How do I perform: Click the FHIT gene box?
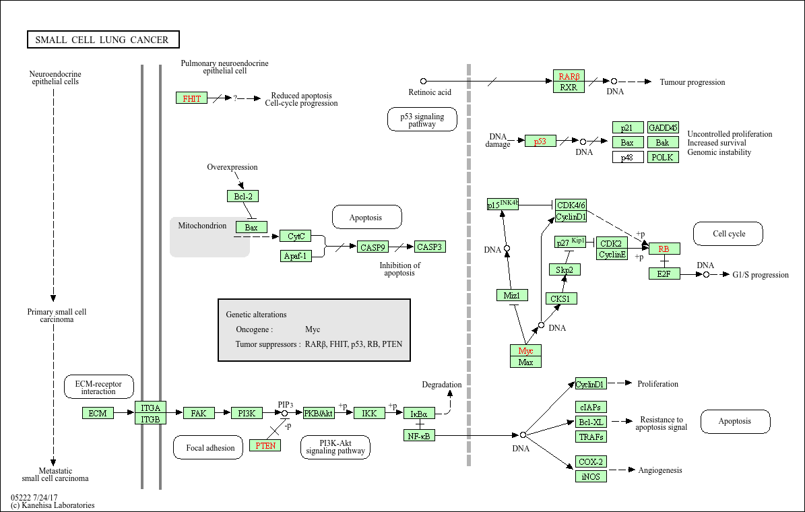pos(191,98)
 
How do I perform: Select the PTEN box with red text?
pos(265,445)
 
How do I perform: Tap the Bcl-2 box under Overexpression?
pos(243,196)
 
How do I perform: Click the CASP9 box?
pos(373,247)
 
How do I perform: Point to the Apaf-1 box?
pos(296,256)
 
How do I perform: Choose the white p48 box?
pos(628,157)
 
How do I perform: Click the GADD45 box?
pos(663,127)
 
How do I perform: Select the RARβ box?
pos(569,76)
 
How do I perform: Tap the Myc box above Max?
pos(525,351)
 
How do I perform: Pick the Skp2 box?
pos(565,269)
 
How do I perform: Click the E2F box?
pos(664,274)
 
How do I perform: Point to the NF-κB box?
pos(420,435)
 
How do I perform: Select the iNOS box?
pos(591,476)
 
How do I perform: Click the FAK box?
pos(199,413)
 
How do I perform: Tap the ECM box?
pos(98,413)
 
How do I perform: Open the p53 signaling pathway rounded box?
pos(422,120)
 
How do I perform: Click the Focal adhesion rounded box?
pos(208,447)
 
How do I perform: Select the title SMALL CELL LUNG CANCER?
pos(103,40)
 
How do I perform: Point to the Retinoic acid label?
pos(430,92)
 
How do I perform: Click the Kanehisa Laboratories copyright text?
pos(53,505)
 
